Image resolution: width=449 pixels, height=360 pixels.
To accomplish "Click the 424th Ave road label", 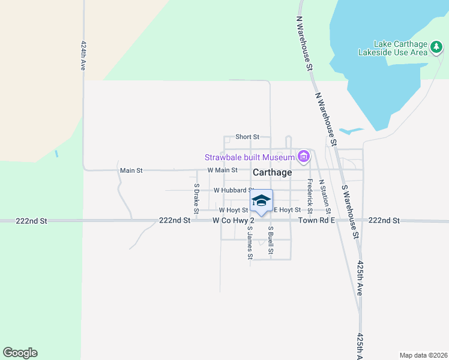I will click(x=83, y=56).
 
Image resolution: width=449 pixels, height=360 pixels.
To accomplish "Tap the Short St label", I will click(x=247, y=137).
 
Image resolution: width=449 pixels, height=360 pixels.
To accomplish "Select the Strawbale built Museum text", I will click(x=250, y=158).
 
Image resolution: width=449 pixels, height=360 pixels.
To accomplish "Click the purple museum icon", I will click(x=304, y=158).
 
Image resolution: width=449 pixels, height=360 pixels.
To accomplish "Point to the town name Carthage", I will click(x=272, y=172).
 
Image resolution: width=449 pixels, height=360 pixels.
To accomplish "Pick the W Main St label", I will click(x=223, y=170).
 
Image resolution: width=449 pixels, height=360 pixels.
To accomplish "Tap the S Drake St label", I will click(x=196, y=199).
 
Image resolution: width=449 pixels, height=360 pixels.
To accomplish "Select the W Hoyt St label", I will click(x=234, y=210).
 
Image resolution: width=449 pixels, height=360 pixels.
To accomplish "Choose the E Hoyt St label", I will click(x=287, y=210).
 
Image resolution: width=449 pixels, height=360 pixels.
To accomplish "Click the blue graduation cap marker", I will click(x=261, y=200).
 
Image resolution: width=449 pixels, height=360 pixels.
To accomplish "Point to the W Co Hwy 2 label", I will click(x=234, y=221).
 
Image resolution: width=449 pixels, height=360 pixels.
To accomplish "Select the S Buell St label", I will click(x=271, y=240).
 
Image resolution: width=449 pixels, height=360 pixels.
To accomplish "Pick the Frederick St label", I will click(x=310, y=193).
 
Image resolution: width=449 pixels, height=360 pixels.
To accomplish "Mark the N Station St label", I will click(x=325, y=196).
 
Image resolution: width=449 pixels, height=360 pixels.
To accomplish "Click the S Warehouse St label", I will click(x=351, y=212).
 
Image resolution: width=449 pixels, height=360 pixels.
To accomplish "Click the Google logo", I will click(x=20, y=353).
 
